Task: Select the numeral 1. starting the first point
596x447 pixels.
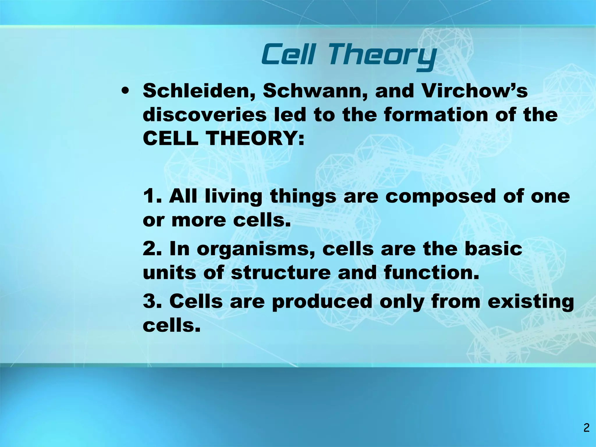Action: (x=152, y=196)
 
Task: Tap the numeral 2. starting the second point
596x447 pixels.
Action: (x=152, y=249)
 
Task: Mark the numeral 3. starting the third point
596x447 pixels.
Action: (x=152, y=301)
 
